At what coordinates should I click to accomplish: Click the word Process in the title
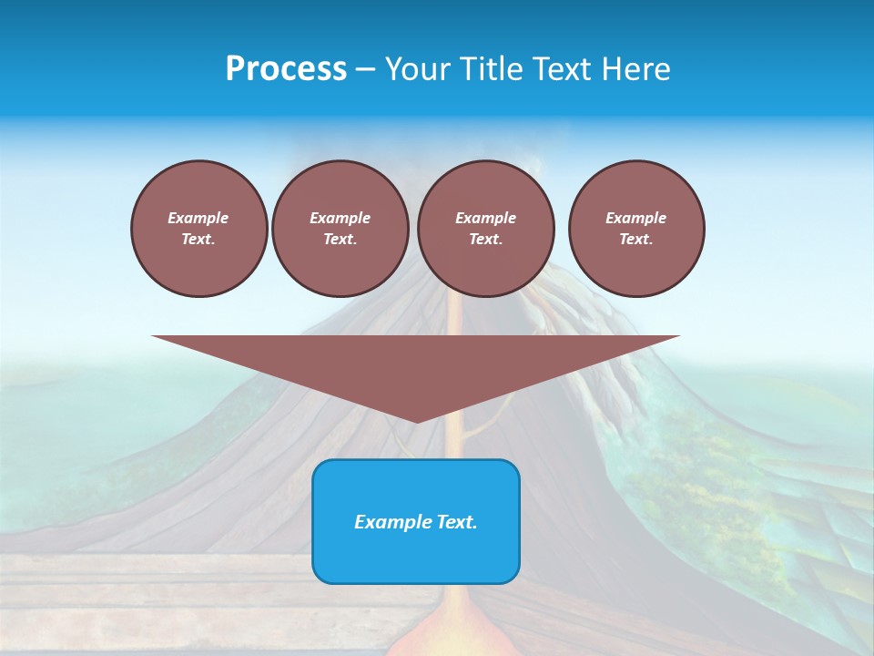[286, 69]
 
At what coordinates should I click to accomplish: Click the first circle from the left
[198, 229]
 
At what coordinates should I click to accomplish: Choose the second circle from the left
[340, 229]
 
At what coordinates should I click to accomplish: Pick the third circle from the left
[485, 229]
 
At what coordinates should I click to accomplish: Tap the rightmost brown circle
[635, 229]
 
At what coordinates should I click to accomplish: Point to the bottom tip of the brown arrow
[416, 422]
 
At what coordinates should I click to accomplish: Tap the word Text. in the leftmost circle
[198, 240]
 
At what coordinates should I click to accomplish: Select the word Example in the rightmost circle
[635, 218]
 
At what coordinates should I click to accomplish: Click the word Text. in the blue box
[454, 522]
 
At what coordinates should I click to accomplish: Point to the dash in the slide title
[366, 69]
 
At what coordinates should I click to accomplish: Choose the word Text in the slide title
[558, 69]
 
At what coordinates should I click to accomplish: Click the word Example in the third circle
[485, 218]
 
